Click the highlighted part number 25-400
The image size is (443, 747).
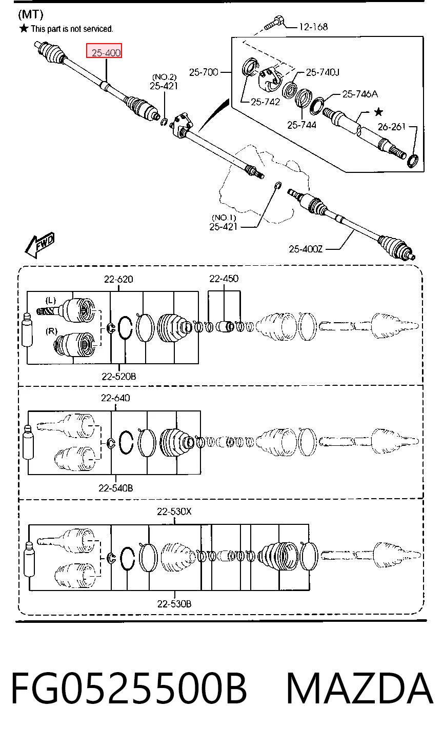point(106,53)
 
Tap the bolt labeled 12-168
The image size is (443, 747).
point(274,23)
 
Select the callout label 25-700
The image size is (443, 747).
point(204,72)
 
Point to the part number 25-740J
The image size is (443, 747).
point(323,72)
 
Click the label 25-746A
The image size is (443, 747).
point(360,94)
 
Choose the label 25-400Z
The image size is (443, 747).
point(306,249)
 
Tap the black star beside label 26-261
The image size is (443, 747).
point(378,112)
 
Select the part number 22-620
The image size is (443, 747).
point(118,279)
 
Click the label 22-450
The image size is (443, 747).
point(224,278)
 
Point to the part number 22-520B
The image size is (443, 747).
point(118,376)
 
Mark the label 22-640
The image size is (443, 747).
point(115,398)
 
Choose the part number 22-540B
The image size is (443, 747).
point(115,488)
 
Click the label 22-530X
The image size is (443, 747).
point(174,511)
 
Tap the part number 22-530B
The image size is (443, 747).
point(174,603)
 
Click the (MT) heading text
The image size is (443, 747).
point(31,14)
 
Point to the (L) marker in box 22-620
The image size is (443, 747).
point(50,301)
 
